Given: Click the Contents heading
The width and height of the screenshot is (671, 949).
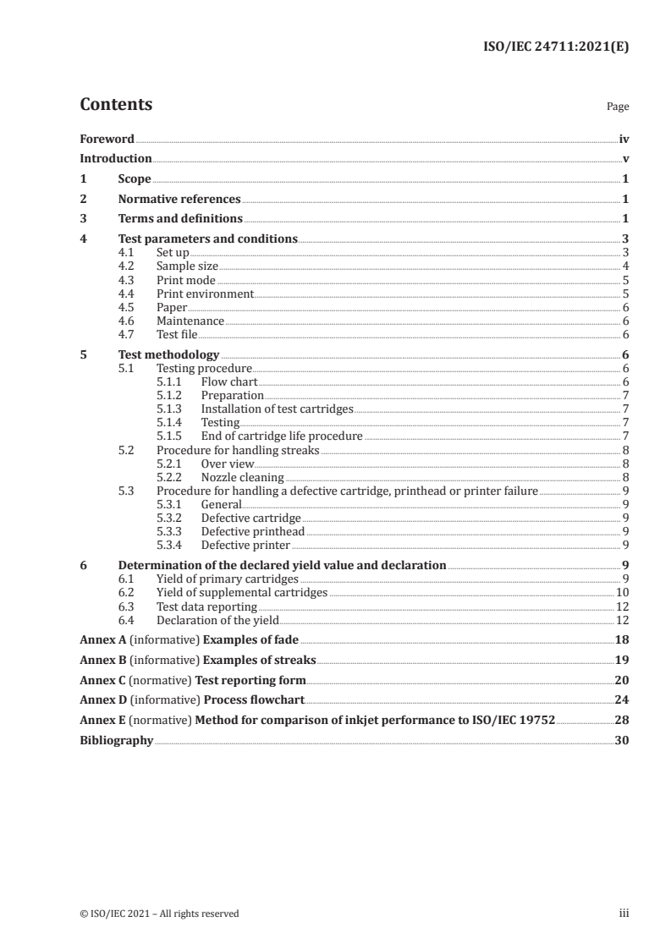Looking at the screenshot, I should tap(116, 105).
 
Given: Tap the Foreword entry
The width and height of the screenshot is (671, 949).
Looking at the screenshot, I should tap(107, 138).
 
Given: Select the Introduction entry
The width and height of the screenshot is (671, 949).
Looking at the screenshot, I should tap(115, 158).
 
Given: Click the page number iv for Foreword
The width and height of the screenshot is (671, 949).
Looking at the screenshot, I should tap(624, 138).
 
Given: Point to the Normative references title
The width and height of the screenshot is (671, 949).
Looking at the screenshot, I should tap(179, 199).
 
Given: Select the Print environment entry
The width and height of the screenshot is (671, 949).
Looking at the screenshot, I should tap(205, 293).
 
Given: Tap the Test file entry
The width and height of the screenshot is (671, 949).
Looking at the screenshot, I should tap(178, 334).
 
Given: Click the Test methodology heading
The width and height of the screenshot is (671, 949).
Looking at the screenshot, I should tap(168, 354).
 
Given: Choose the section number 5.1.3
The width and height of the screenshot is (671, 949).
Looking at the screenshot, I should tap(170, 409).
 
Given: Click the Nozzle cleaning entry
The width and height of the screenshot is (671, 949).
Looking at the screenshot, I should tap(242, 477).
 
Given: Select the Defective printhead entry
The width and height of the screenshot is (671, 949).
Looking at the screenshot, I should tap(252, 531).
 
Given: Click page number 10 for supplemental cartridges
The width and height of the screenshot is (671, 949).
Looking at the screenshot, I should tap(623, 592).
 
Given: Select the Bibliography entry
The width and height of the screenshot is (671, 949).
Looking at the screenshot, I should tap(116, 740).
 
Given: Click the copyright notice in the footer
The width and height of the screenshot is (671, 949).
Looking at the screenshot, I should tap(159, 913).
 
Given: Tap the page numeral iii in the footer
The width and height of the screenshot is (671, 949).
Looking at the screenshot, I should tap(624, 913).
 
